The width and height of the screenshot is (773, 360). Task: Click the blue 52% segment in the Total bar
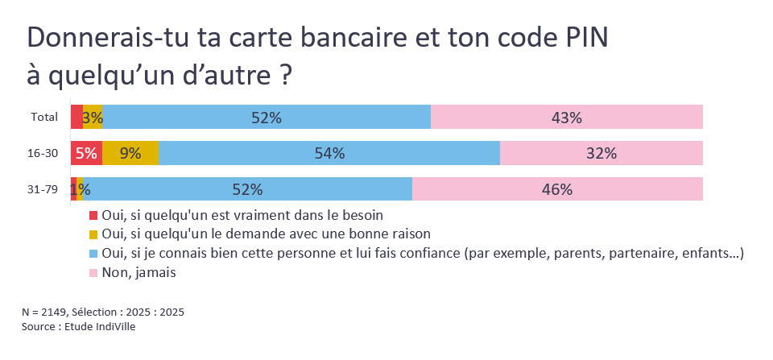267,118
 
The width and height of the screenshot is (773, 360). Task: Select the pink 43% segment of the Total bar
567,118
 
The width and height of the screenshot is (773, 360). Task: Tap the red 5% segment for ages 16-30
86,153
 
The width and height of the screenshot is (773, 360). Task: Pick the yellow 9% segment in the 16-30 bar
130,153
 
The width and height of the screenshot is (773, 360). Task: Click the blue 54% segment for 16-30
329,153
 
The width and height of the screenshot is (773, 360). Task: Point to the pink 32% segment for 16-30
601,153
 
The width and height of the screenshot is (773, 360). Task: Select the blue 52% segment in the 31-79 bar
248,189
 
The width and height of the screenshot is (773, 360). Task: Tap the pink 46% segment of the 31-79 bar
557,189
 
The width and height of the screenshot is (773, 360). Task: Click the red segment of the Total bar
76,118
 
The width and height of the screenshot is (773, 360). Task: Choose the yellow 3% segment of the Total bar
93,118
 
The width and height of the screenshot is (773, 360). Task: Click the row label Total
44,118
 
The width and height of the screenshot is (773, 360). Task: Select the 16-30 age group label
43,153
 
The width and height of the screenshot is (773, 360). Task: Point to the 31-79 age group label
43,189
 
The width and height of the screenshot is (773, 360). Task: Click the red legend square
93,216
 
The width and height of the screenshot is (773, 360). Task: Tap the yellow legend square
93,234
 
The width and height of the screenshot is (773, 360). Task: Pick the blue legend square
93,254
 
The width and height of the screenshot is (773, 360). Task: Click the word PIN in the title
585,39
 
